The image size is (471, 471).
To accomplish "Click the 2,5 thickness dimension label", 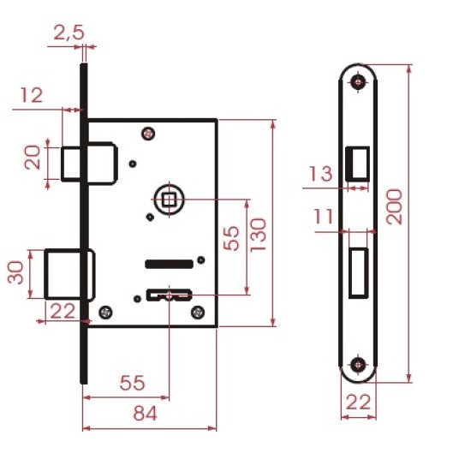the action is (69, 33).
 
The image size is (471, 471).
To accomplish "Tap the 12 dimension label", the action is (32, 96).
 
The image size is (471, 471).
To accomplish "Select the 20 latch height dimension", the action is (33, 158).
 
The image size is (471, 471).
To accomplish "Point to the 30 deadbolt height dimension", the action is (15, 272).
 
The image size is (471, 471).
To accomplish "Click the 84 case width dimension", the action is (145, 414).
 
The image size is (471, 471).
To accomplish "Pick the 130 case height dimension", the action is (258, 235).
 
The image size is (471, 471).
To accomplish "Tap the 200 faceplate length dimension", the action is (394, 206).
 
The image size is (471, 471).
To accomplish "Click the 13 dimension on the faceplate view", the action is (321, 174).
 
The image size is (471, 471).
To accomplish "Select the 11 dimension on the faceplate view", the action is (323, 217).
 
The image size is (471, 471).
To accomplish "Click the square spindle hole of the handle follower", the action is (169, 200).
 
